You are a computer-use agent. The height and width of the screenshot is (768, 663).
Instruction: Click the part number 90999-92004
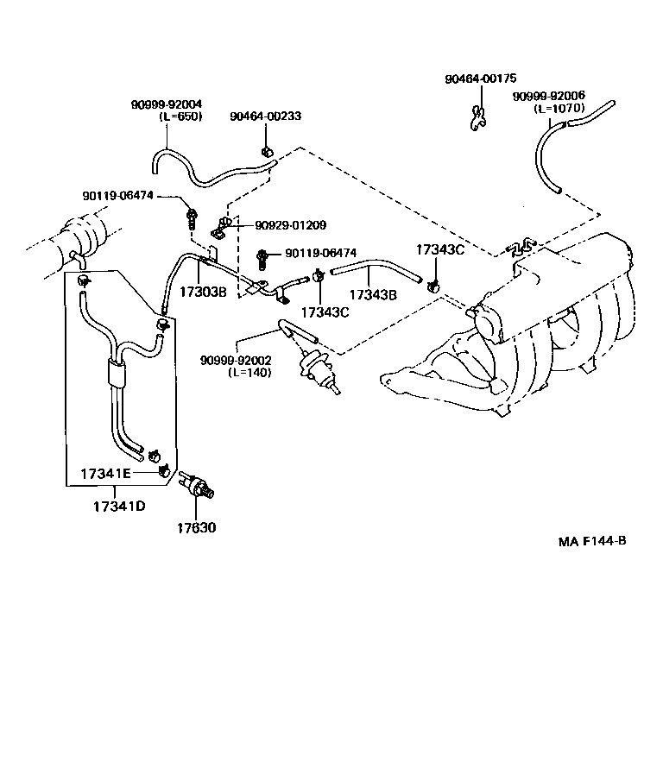pos(167,104)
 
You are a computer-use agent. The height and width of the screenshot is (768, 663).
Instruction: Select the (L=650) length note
pos(178,116)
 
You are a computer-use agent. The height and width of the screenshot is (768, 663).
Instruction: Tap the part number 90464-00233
pos(265,116)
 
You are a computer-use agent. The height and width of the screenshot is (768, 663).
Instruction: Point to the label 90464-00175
pos(480,79)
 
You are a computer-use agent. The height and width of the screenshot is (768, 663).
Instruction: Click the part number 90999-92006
pos(548,97)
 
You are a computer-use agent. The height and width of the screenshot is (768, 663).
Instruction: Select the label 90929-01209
pos(290,225)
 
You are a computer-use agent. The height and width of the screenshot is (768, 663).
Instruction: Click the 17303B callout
pos(202,292)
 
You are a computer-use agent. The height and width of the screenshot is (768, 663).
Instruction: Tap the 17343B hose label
pos(373,294)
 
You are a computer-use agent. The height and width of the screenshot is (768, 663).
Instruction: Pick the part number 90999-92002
pos(236,361)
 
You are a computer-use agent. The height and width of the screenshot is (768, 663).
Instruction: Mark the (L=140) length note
pos(249,373)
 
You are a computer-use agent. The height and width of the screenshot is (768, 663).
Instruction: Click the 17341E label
pos(105,474)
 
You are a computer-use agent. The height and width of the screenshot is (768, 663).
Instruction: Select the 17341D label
pos(118,506)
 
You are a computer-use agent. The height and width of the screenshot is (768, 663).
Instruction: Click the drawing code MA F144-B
pos(591,542)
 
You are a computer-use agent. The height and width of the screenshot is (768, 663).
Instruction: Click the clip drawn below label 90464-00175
pos(476,117)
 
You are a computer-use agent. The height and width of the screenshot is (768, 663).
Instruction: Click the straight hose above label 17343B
pos(376,273)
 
